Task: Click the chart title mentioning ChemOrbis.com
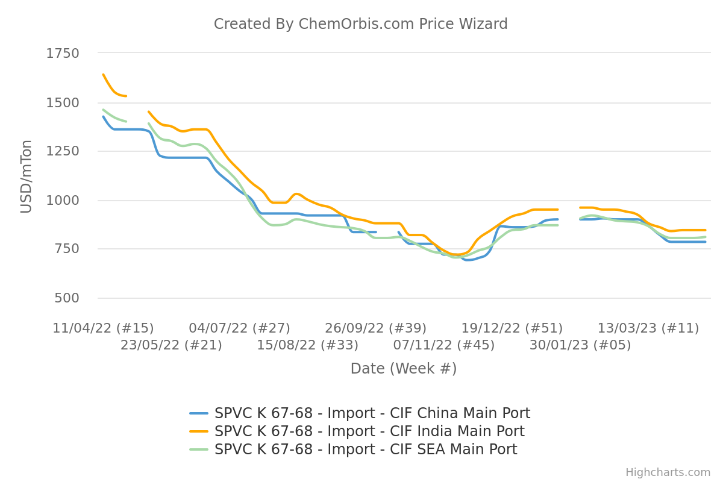(360, 24)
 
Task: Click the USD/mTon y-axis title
(27, 176)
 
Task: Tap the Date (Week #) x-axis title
(403, 369)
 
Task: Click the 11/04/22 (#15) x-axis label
(103, 328)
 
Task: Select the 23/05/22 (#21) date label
(171, 345)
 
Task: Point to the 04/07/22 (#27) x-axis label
(239, 328)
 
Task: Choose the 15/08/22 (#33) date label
(307, 345)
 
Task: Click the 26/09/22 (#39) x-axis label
(375, 328)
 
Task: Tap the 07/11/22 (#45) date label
(443, 345)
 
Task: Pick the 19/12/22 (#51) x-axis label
(512, 328)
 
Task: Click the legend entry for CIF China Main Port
(372, 413)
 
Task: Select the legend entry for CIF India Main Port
(369, 431)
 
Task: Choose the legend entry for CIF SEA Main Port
(365, 449)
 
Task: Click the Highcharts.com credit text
(668, 472)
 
